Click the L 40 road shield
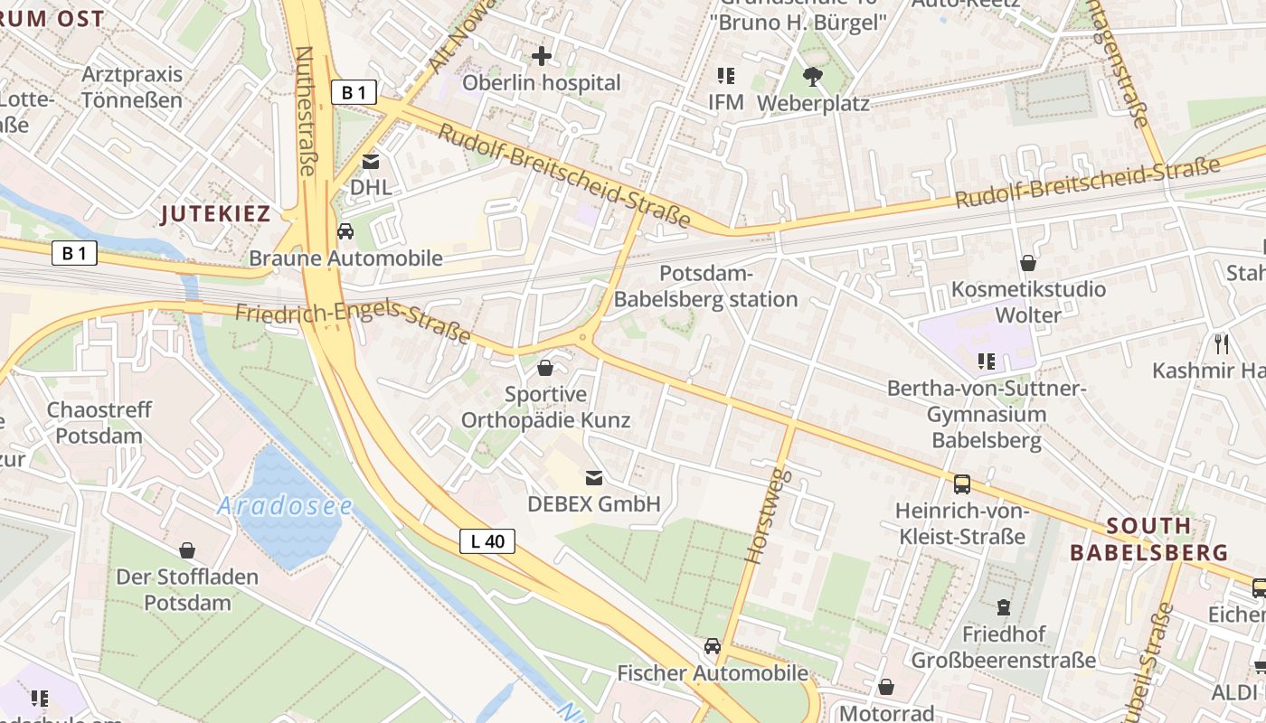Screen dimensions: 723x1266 pos(487,541)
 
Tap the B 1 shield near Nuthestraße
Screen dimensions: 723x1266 pos(354,91)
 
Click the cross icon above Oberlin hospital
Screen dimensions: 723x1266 pos(541,56)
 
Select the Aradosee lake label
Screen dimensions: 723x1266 pos(284,506)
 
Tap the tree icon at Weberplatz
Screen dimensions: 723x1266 pos(812,76)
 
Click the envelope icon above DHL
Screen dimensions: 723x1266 pos(370,162)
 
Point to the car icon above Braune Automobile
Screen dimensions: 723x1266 pos(345,231)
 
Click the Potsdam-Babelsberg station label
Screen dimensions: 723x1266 pos(705,286)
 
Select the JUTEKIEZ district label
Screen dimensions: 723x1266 pos(215,214)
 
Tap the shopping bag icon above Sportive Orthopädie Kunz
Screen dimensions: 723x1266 pos(545,368)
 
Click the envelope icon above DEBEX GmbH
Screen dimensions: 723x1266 pos(594,477)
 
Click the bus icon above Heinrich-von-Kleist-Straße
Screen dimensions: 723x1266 pos(962,484)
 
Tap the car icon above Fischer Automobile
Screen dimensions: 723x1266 pos(713,646)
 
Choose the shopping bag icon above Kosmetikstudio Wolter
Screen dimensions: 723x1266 pos(1027,263)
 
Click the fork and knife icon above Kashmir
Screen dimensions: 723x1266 pos(1221,343)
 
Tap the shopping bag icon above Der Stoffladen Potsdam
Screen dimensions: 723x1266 pos(187,549)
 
